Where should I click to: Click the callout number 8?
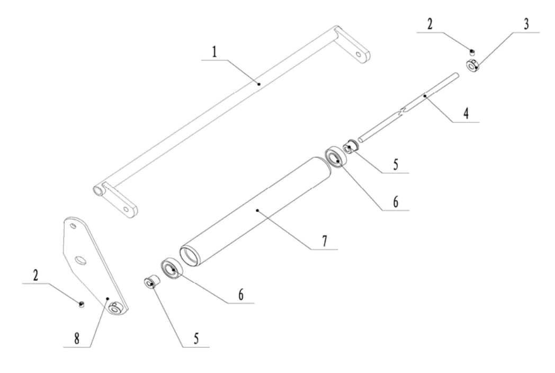[78, 340]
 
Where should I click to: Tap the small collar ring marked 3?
[472, 66]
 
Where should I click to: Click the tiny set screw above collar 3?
[471, 51]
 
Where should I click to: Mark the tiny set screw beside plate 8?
[81, 304]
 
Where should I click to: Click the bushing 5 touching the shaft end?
[350, 147]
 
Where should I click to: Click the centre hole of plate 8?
[80, 260]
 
